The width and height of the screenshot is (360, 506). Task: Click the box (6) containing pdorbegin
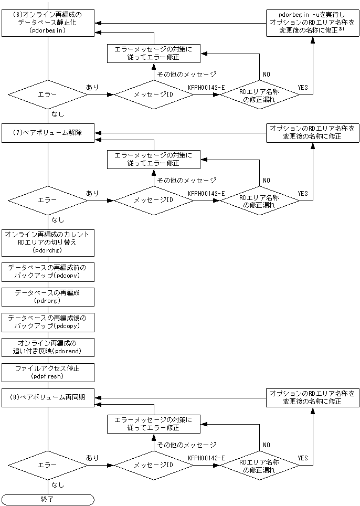click(x=48, y=23)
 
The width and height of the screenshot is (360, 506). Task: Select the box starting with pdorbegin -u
click(x=312, y=23)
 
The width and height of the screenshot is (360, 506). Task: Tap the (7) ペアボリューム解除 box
click(x=48, y=133)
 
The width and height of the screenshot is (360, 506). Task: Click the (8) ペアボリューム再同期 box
click(x=48, y=397)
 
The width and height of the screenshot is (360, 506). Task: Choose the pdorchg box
click(x=48, y=242)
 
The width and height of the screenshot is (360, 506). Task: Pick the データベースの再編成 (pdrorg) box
click(x=48, y=296)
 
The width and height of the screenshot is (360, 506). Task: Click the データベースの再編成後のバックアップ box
click(x=48, y=321)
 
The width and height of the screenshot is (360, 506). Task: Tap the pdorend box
click(x=48, y=346)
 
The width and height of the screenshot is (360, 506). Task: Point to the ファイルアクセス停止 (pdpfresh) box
click(x=48, y=372)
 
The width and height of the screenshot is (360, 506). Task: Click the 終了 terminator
click(x=48, y=499)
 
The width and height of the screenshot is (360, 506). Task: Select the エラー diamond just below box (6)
click(x=48, y=95)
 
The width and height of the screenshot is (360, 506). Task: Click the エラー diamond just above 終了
click(x=48, y=465)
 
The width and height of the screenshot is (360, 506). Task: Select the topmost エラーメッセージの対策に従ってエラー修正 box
click(x=154, y=54)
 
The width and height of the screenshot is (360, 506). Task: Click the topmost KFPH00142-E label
click(x=206, y=88)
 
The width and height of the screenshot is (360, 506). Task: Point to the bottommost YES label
click(x=303, y=458)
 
